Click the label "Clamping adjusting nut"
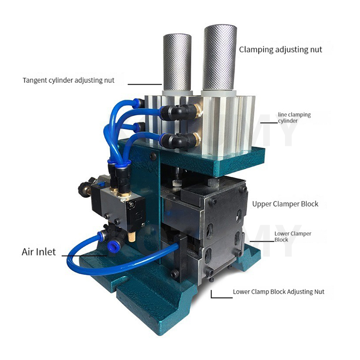[x=280, y=49]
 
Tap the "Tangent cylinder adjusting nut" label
[x=68, y=81]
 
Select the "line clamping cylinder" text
[x=294, y=117]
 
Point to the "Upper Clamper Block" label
[x=285, y=204]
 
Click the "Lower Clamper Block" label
[x=293, y=237]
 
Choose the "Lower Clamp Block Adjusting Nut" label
[x=279, y=292]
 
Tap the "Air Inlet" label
[x=39, y=252]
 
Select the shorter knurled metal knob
[x=177, y=63]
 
